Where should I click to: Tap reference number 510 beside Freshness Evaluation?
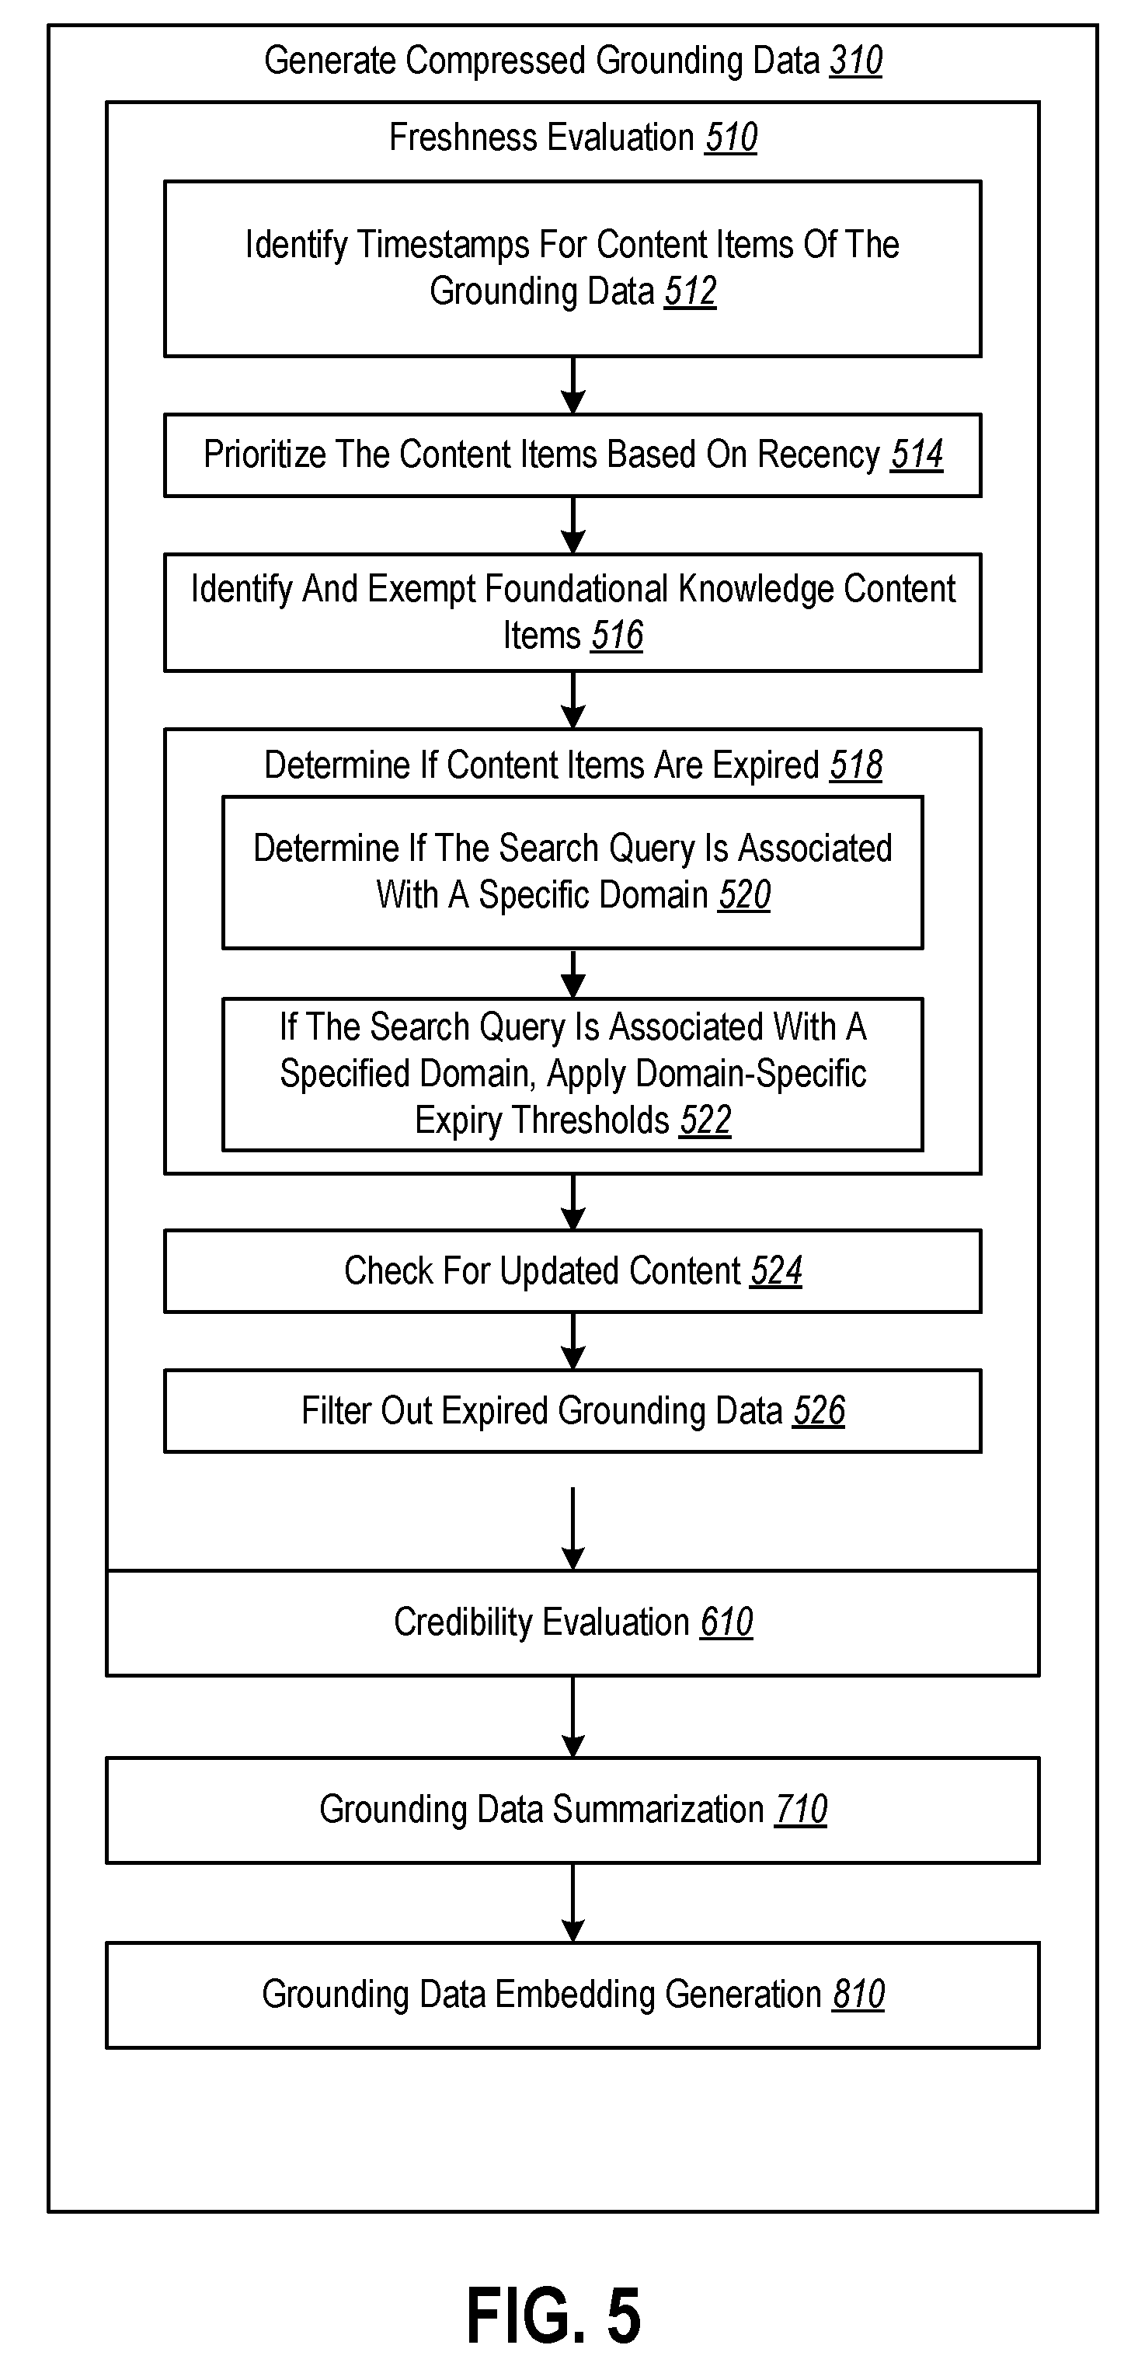731,138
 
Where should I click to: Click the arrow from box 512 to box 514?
573,385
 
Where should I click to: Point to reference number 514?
917,455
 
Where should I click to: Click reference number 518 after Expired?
856,765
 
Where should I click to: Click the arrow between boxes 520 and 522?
573,974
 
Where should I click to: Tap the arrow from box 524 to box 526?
573,1342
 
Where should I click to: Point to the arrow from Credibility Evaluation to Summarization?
573,1717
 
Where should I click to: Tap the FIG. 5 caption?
554,2315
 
